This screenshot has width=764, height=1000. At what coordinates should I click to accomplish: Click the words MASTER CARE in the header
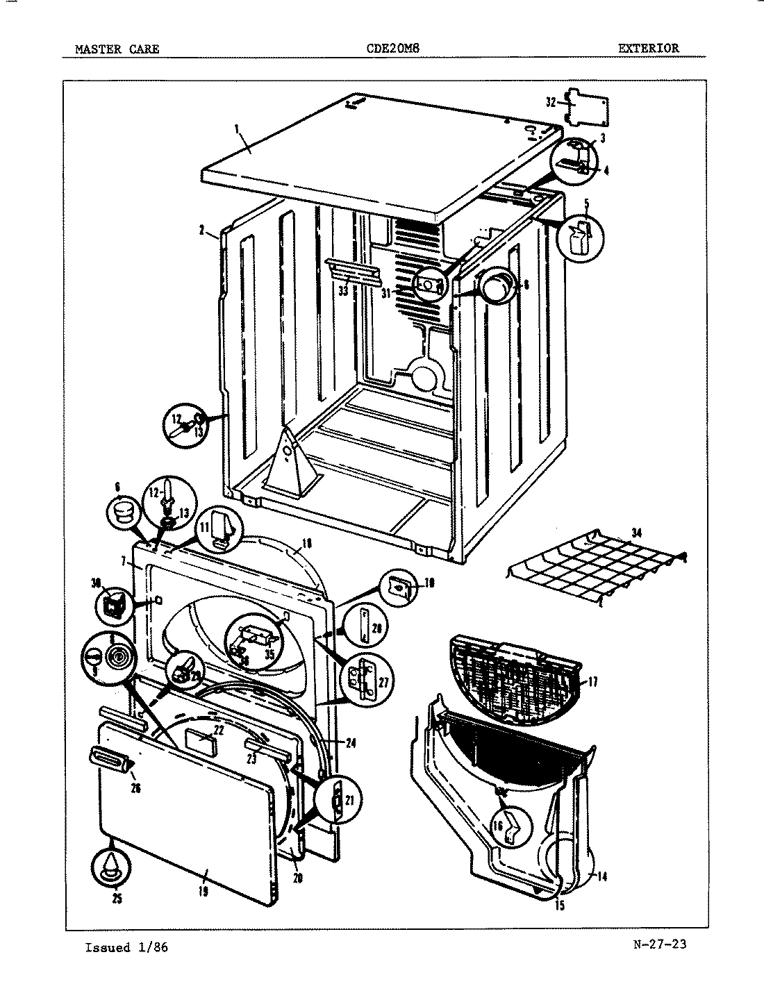(117, 49)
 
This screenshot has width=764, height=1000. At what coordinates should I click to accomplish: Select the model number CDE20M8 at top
(392, 49)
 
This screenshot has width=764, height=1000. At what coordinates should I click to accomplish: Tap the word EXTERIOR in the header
(649, 48)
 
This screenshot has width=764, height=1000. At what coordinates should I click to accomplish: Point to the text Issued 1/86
(126, 947)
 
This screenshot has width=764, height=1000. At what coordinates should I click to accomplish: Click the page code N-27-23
(660, 944)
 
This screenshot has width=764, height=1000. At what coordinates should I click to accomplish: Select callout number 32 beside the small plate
(551, 102)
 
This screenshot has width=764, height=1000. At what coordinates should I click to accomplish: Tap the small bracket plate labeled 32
(587, 106)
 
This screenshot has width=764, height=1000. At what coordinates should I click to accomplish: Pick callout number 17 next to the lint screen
(592, 682)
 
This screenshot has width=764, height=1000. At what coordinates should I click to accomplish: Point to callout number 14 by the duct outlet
(601, 876)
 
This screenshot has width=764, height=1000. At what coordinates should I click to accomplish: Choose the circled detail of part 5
(579, 238)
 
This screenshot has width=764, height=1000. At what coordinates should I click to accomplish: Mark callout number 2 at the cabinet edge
(201, 232)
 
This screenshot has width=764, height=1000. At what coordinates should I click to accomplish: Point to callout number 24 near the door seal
(350, 743)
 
